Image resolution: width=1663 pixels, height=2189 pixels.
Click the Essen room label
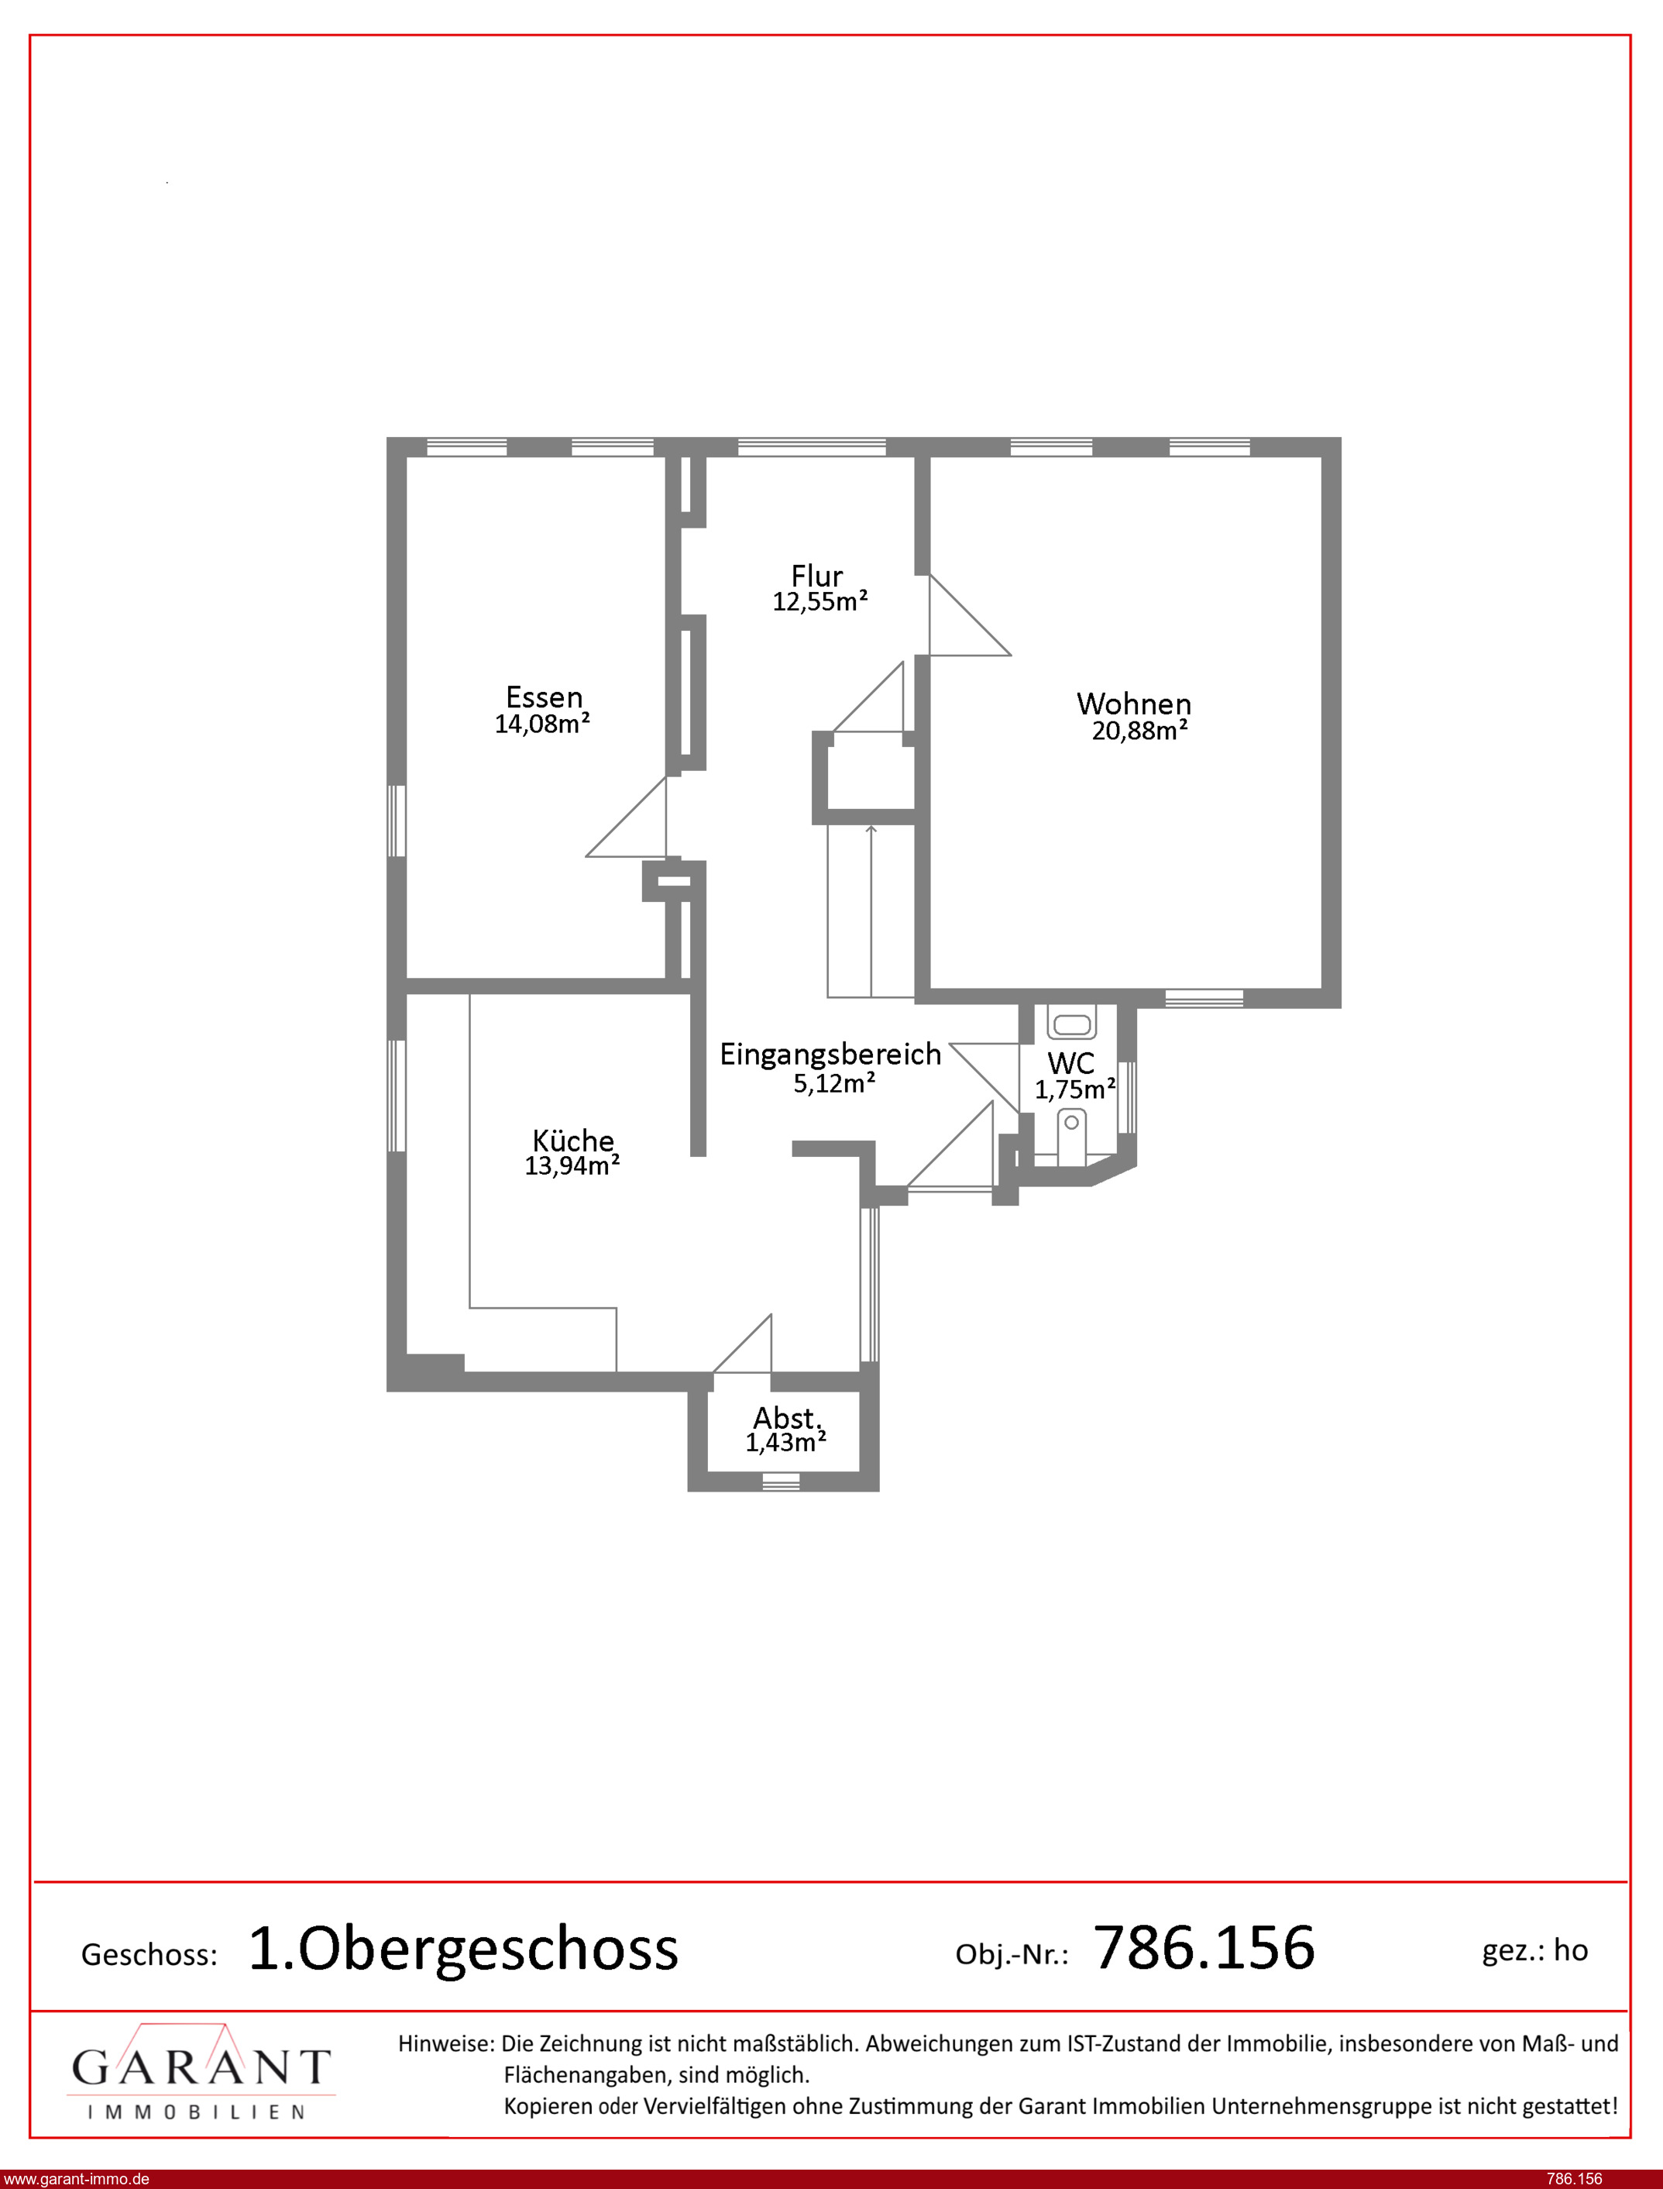[544, 697]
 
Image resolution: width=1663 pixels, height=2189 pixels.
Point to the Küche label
[573, 1140]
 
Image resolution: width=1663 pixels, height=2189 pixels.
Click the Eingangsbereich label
[830, 1055]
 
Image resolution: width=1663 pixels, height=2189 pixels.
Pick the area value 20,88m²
[1139, 731]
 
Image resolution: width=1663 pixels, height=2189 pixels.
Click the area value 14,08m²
[542, 724]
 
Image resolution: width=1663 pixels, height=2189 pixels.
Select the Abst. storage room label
[787, 1418]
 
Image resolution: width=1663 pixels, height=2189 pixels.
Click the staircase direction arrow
[871, 910]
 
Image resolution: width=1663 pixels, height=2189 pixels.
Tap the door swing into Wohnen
[970, 614]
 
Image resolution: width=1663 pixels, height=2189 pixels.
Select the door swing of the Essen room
[627, 817]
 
